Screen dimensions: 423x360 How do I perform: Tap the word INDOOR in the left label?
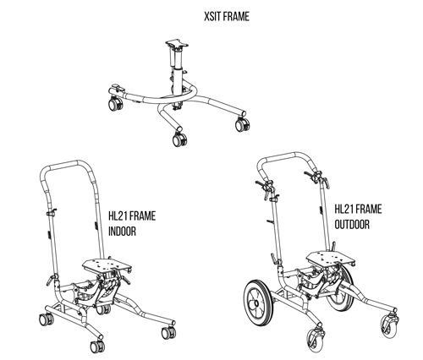[122, 232]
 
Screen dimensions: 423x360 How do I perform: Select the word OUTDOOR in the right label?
[352, 224]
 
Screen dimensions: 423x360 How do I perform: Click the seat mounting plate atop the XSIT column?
[177, 44]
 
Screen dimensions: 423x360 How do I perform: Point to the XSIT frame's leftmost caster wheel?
[115, 103]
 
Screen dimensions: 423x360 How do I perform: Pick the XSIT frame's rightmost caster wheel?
[242, 124]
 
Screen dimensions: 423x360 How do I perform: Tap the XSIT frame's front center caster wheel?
[179, 139]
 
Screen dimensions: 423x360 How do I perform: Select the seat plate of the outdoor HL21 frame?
[330, 259]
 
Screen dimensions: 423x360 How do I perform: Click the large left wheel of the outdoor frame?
[257, 303]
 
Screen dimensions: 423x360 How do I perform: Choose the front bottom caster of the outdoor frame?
[316, 340]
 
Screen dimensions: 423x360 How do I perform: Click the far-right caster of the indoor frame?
[168, 333]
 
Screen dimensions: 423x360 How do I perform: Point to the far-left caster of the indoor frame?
[47, 319]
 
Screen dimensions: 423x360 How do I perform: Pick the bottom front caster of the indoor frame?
[97, 346]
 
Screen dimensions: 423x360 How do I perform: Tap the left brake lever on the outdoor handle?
[262, 185]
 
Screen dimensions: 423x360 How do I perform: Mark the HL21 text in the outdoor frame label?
[343, 209]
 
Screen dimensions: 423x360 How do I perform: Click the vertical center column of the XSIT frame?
[178, 78]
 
